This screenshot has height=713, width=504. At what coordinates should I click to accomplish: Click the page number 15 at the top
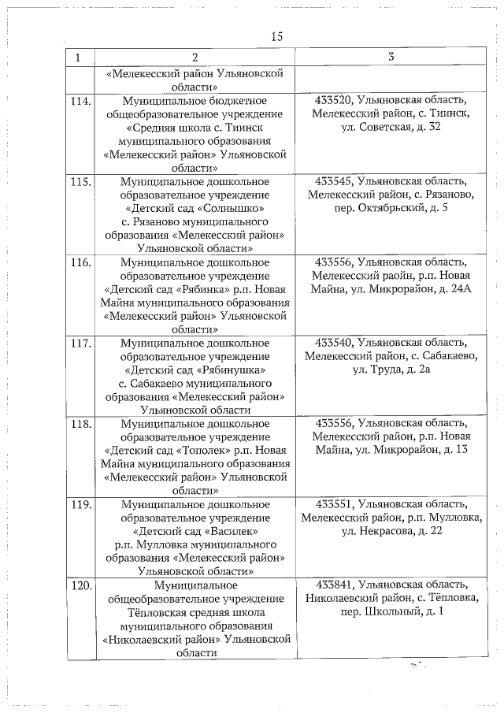[x=276, y=36]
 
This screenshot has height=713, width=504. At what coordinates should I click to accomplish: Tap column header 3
[x=391, y=58]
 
